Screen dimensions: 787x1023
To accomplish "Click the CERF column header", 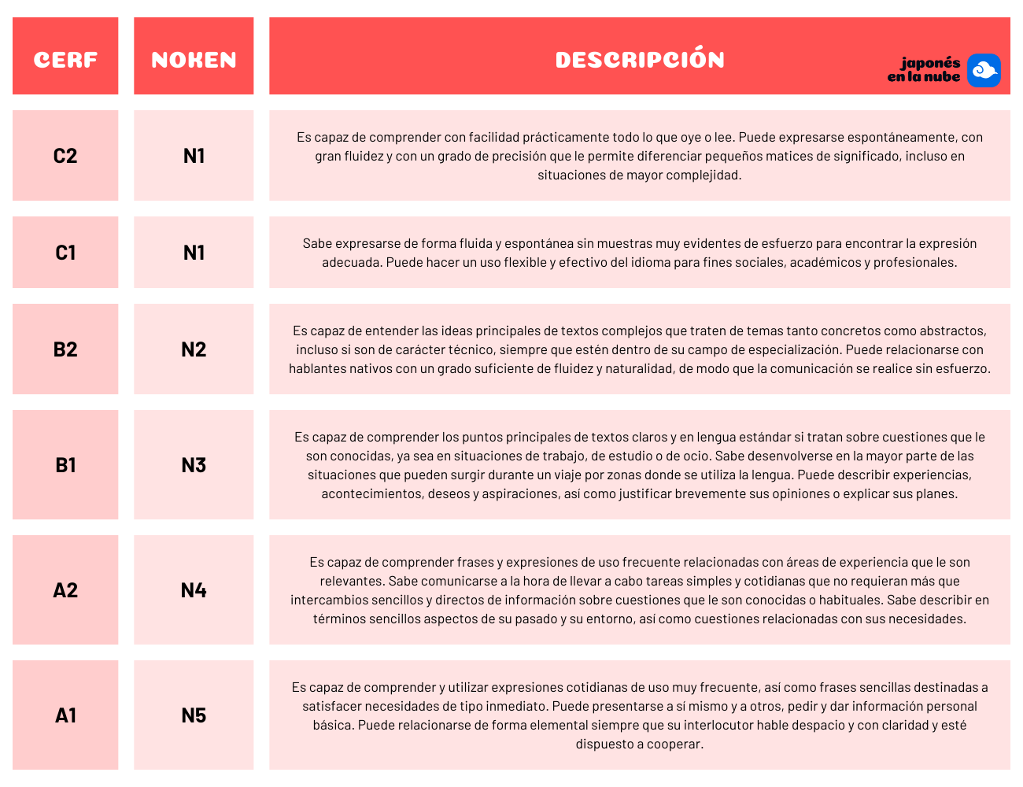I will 65,60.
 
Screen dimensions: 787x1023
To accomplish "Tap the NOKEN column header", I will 194,60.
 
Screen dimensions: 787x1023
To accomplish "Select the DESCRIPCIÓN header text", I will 640,60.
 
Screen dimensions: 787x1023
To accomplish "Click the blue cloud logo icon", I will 984,71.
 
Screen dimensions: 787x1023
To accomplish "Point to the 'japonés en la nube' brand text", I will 925,70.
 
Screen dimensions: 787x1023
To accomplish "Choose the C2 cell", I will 65,156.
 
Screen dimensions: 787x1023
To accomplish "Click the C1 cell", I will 65,253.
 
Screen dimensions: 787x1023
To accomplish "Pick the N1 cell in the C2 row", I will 194,156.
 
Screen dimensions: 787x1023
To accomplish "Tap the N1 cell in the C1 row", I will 194,253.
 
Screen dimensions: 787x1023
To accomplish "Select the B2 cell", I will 65,349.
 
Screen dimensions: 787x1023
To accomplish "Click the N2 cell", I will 194,349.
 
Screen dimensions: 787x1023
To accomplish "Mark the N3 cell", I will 194,465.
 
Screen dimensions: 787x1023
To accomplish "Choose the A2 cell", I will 65,590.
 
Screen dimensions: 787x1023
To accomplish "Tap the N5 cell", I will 194,715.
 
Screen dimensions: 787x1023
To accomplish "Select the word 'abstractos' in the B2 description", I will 951,331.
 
